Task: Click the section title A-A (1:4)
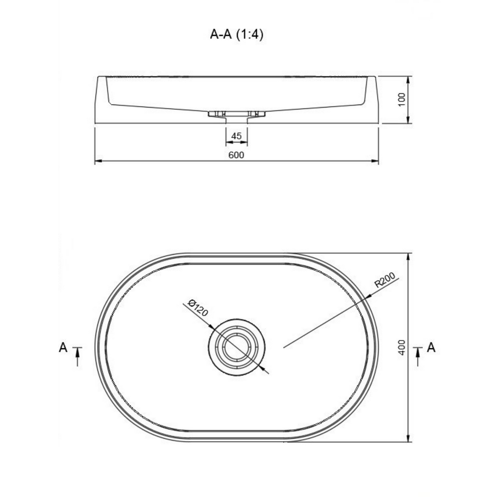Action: (237, 34)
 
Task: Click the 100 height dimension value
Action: (402, 99)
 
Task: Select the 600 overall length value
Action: (236, 155)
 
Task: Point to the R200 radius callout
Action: (385, 280)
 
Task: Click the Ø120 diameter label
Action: (198, 308)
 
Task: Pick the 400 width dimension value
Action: (402, 347)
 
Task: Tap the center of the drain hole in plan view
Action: (237, 347)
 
